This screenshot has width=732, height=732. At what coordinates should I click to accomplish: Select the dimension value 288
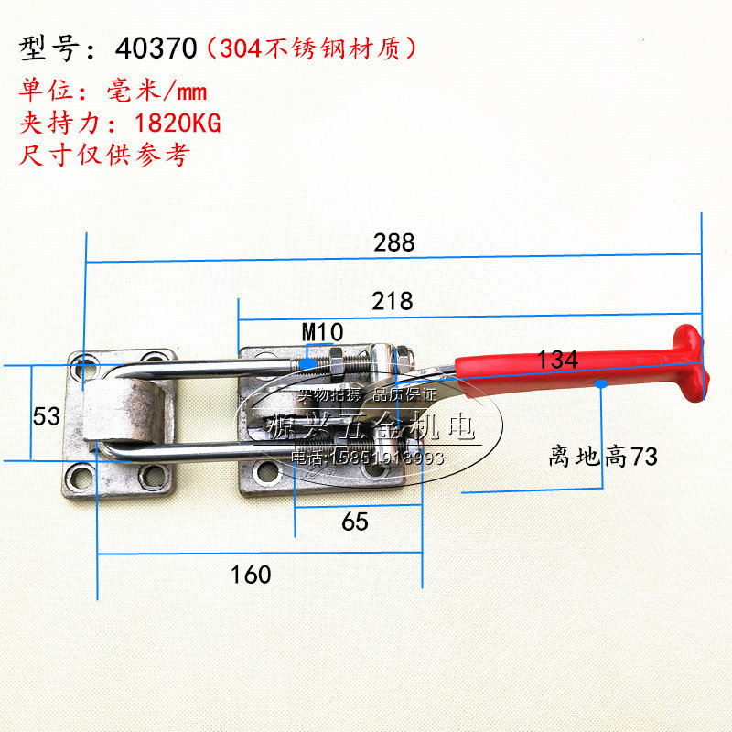(x=393, y=242)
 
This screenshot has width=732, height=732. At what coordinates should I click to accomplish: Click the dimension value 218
(x=393, y=300)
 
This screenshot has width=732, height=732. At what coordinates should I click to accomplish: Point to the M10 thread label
(x=322, y=330)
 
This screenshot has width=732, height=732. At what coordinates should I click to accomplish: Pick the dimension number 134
(x=558, y=360)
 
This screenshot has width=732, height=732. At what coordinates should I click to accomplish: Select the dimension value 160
(x=251, y=574)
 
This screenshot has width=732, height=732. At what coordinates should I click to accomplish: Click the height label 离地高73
(x=603, y=456)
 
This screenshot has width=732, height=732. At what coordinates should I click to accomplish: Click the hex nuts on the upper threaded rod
(x=335, y=363)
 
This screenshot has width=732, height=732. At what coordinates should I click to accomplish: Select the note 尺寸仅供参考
(x=103, y=153)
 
